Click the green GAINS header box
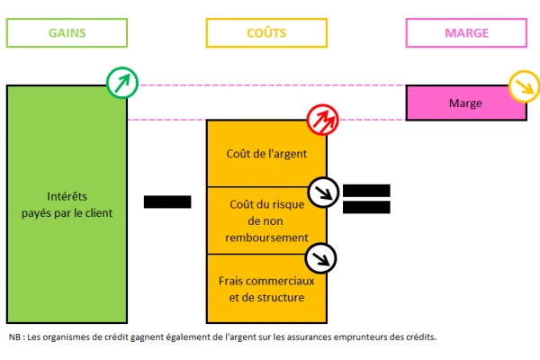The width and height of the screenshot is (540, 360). (x=66, y=32)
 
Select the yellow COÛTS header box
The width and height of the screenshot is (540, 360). (x=265, y=32)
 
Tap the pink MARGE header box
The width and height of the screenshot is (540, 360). (x=466, y=32)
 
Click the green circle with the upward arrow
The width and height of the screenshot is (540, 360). (x=121, y=84)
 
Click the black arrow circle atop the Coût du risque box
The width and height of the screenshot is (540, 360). (x=322, y=191)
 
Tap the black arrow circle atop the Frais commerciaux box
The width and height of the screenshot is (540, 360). (x=322, y=258)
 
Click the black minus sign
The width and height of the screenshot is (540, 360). (x=167, y=202)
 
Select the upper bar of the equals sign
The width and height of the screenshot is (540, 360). (x=366, y=190)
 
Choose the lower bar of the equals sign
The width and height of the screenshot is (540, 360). (x=366, y=208)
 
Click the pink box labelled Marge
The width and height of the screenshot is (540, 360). (x=465, y=103)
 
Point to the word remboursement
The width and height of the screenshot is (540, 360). (x=265, y=237)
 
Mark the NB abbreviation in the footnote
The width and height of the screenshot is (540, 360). (x=15, y=337)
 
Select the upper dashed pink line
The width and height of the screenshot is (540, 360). (x=270, y=85)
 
